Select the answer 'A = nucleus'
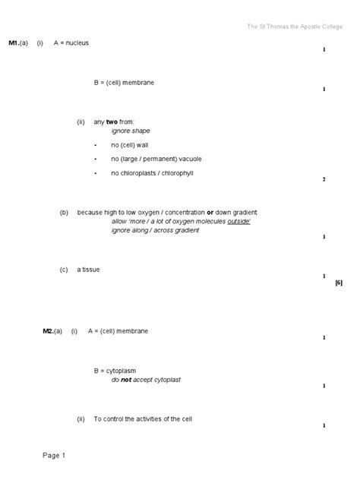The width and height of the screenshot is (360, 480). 71,43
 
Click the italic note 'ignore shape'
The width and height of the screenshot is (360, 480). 131,131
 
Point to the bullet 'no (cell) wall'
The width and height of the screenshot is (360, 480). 131,144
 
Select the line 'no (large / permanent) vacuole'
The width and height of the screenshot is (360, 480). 156,159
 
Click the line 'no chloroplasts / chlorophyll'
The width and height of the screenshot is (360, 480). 152,173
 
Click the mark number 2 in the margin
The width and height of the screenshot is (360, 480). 324,179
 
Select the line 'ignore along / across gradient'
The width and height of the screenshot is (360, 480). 155,230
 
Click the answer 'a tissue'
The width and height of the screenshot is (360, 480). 88,269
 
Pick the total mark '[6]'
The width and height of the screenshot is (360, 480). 339,283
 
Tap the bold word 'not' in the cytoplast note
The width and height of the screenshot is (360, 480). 126,380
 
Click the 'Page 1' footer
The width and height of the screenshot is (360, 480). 54,456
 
